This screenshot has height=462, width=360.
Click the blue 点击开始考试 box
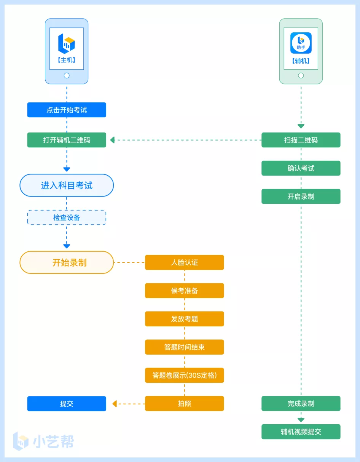click(x=67, y=110)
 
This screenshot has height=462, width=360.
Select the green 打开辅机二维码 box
click(x=67, y=140)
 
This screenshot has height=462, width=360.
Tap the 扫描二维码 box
click(x=301, y=140)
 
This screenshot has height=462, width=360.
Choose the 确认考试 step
click(x=301, y=168)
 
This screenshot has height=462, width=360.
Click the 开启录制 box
click(x=301, y=196)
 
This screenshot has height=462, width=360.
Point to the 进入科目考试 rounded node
click(x=67, y=185)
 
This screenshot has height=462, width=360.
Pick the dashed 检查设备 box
click(x=67, y=217)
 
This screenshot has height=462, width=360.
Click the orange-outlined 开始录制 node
click(x=67, y=262)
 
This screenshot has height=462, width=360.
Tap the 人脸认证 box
click(x=184, y=262)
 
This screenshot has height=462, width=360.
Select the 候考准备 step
click(x=184, y=291)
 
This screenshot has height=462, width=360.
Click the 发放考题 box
click(x=184, y=319)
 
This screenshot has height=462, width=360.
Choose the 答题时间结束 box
click(x=184, y=347)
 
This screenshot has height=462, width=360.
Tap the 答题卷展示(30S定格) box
click(x=184, y=375)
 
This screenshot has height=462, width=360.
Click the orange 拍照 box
click(x=184, y=403)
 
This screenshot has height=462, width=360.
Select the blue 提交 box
click(x=67, y=403)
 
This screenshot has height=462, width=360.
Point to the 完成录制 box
click(x=301, y=403)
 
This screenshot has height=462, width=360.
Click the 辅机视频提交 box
click(x=301, y=432)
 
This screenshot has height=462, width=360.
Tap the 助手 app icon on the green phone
click(x=301, y=43)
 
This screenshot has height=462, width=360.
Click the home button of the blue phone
click(x=67, y=75)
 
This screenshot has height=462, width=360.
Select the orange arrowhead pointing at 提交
click(x=115, y=403)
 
